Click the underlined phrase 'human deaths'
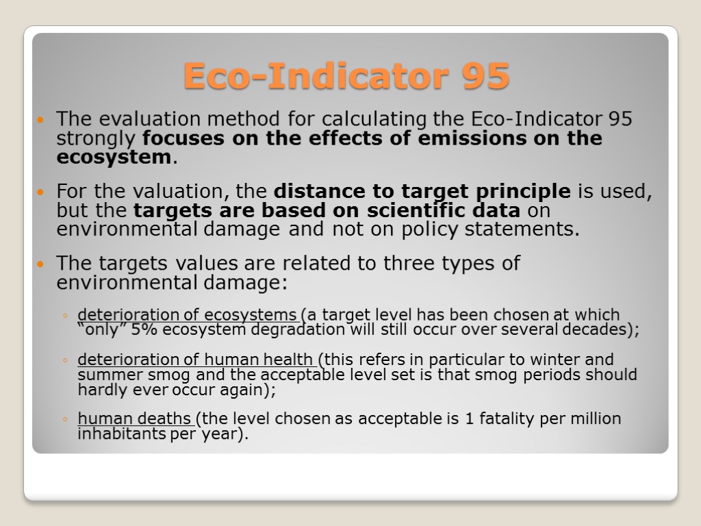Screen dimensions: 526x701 [136, 418]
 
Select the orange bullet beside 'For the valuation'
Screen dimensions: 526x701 [41, 190]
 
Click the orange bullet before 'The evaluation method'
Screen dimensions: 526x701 [41, 120]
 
